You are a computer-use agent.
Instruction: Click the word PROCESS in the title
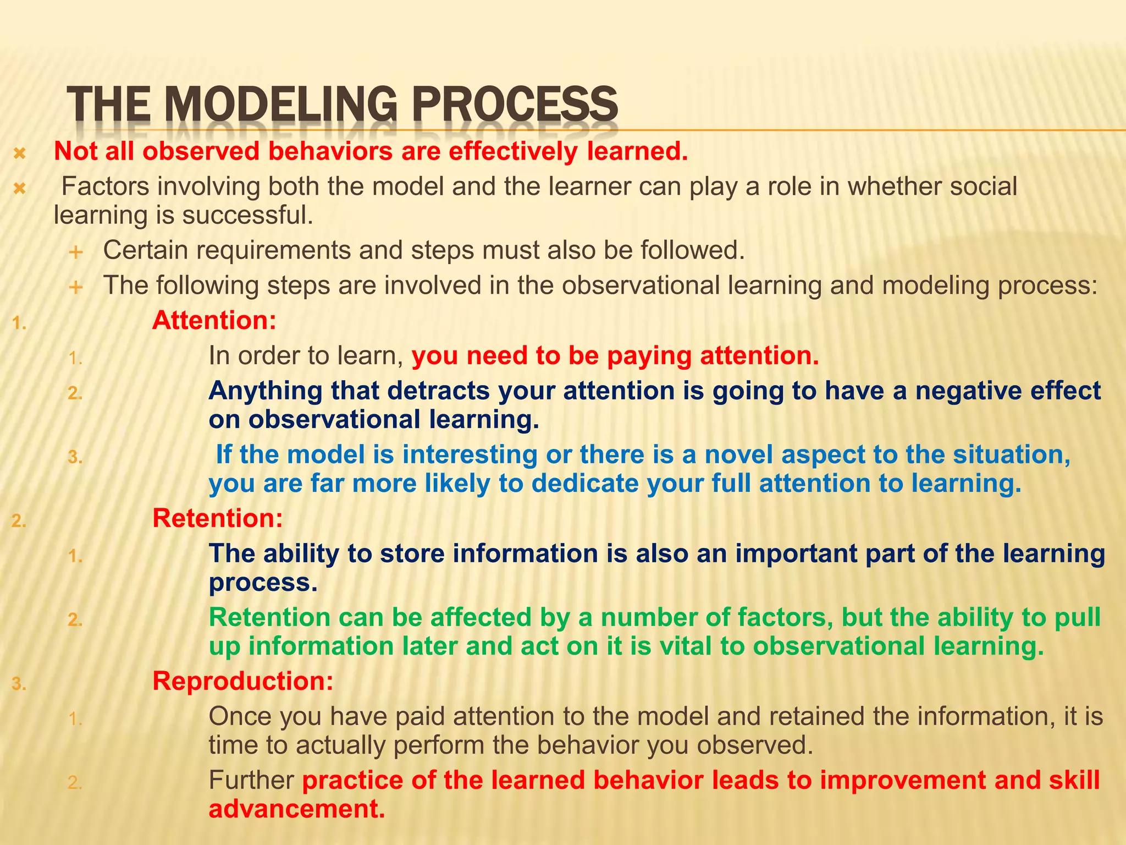515,105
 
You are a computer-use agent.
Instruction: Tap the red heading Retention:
218,519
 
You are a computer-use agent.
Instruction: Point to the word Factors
105,187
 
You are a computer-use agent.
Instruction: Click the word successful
247,216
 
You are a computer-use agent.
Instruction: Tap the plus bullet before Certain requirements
75,253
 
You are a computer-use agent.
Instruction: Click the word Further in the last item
251,781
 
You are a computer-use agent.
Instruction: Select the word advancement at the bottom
297,809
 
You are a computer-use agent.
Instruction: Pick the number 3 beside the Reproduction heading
18,684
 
